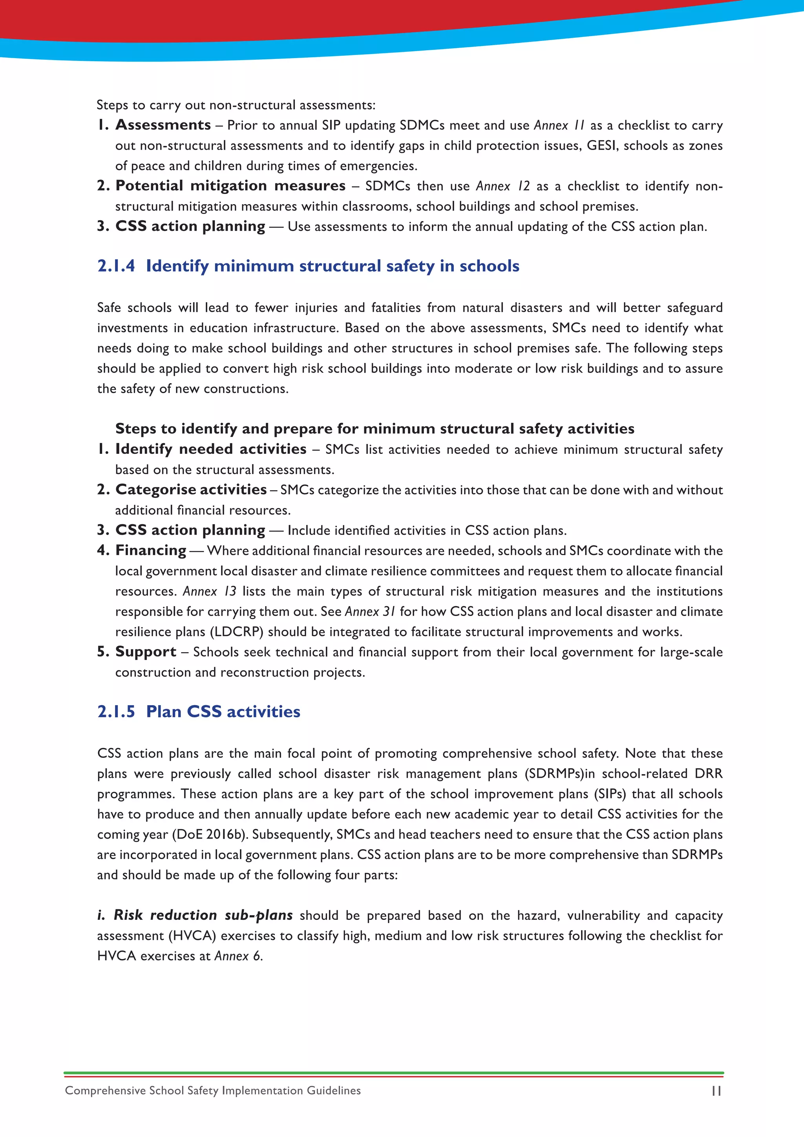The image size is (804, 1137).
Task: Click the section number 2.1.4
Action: click(116, 266)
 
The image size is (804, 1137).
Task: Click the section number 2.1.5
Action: click(116, 712)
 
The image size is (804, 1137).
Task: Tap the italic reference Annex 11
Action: click(559, 125)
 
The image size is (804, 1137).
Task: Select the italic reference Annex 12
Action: click(502, 186)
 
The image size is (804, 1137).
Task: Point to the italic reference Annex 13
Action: click(209, 591)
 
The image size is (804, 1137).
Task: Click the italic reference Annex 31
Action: click(370, 612)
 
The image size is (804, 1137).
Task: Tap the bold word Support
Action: click(146, 652)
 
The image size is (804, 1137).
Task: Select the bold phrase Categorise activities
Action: click(191, 489)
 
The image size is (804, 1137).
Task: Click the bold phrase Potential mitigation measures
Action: click(230, 186)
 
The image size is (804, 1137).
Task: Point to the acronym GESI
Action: click(601, 146)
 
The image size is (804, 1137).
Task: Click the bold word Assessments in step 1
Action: click(163, 125)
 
